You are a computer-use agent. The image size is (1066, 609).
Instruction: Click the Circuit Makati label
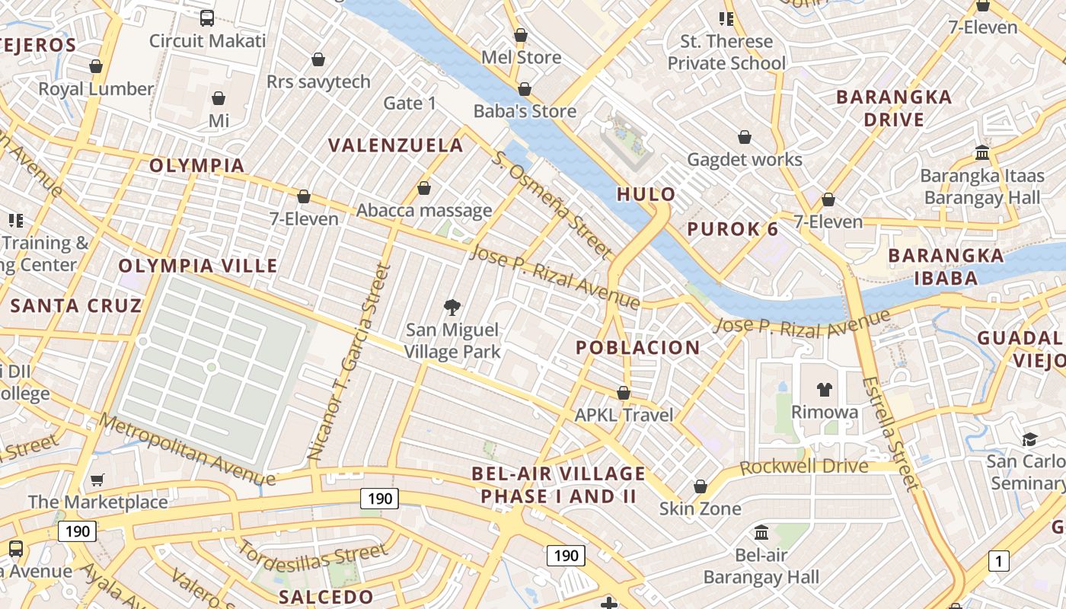click(207, 40)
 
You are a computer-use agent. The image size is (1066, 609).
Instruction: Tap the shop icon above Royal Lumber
click(96, 66)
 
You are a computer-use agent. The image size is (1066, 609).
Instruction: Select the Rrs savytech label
click(318, 81)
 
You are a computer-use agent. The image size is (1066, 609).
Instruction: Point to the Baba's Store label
click(525, 111)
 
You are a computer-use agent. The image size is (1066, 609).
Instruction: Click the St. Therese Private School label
click(726, 53)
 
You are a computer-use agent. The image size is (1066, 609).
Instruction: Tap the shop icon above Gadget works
click(745, 137)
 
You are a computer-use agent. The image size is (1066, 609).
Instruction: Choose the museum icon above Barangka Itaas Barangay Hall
click(982, 152)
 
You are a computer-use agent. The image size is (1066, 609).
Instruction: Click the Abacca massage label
click(424, 211)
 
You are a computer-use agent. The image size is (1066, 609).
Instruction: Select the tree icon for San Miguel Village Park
click(452, 307)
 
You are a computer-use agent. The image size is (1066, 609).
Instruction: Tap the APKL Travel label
click(624, 415)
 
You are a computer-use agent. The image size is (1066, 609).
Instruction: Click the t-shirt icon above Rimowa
click(825, 390)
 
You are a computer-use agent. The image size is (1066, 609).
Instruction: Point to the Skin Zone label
click(700, 508)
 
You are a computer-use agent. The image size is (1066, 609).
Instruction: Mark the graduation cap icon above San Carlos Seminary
click(1029, 439)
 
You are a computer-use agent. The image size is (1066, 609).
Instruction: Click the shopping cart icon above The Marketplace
click(97, 480)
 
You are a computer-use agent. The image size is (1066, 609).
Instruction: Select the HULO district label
click(646, 194)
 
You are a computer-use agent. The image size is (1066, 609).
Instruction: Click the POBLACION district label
click(637, 348)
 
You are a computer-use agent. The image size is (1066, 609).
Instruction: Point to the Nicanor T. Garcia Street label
click(349, 362)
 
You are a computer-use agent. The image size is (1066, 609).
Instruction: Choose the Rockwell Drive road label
click(803, 466)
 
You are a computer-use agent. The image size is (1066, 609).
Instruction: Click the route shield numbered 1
click(998, 562)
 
